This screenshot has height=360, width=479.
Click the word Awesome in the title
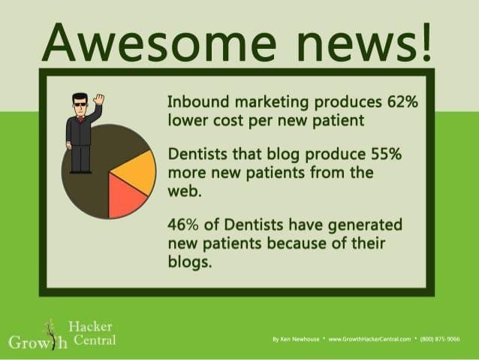(x=159, y=43)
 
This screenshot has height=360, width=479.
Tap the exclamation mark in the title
(x=426, y=41)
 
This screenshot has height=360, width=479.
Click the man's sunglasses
(x=80, y=104)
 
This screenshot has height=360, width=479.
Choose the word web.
(x=185, y=192)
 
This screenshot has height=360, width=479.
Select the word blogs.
(x=189, y=262)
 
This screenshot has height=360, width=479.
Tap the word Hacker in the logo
(x=90, y=327)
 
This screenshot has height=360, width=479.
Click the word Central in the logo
(x=95, y=340)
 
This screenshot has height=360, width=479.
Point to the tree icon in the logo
(x=50, y=334)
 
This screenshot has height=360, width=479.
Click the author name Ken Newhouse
(x=300, y=339)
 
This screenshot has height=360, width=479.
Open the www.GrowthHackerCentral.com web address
(x=369, y=339)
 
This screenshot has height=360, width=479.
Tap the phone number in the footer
(x=440, y=339)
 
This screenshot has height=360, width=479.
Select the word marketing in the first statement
(x=272, y=102)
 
